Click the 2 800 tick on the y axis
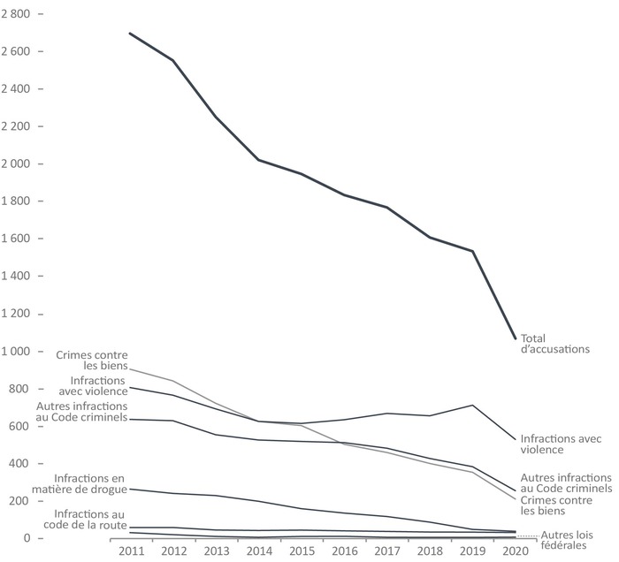pos(17,14)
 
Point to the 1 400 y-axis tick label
pos(17,277)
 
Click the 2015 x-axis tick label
pos(301,551)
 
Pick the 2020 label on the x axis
pos(515,551)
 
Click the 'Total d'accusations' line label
pos(554,344)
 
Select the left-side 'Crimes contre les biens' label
pos(92,361)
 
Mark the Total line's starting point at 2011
pos(130,34)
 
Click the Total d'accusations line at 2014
pos(258,160)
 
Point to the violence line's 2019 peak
pos(473,405)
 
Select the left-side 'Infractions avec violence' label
pos(93,386)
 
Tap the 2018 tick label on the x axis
pos(430,551)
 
